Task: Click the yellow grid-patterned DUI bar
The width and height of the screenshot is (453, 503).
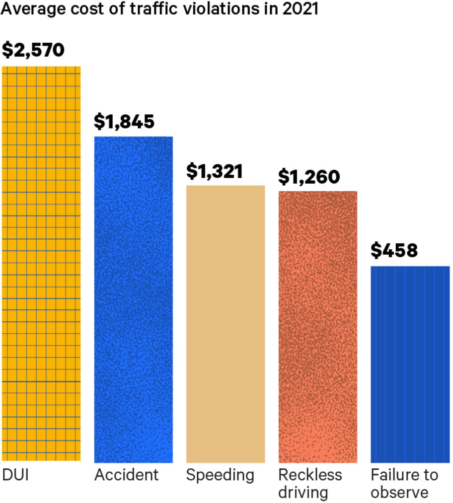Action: (41, 264)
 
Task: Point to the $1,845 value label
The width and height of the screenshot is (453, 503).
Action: (125, 121)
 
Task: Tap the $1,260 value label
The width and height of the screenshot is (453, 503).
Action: (308, 176)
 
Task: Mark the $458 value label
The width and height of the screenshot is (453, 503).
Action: (394, 251)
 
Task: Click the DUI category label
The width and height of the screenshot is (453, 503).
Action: (16, 475)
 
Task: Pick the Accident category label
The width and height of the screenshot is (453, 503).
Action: (126, 475)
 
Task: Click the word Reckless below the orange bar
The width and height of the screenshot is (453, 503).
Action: (310, 475)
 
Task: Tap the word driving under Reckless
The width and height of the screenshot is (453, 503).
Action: (303, 493)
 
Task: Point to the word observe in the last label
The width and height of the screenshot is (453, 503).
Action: (399, 493)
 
